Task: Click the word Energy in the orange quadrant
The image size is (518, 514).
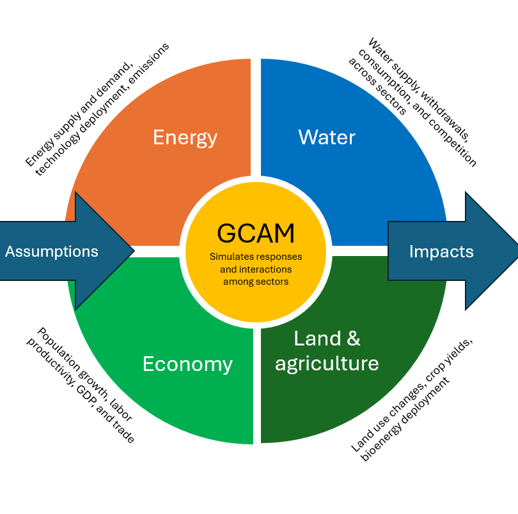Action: (185, 137)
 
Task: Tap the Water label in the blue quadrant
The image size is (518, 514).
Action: (327, 137)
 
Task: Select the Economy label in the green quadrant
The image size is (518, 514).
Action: (187, 364)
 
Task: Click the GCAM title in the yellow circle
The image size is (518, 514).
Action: (256, 233)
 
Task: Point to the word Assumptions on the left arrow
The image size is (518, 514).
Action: (52, 252)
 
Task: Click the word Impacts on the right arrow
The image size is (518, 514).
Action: (441, 252)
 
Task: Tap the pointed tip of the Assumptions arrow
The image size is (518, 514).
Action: (132, 251)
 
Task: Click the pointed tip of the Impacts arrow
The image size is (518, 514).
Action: (515, 251)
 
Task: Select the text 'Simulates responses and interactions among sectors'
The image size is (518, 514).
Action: (256, 269)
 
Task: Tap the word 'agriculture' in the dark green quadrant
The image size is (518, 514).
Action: (327, 363)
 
